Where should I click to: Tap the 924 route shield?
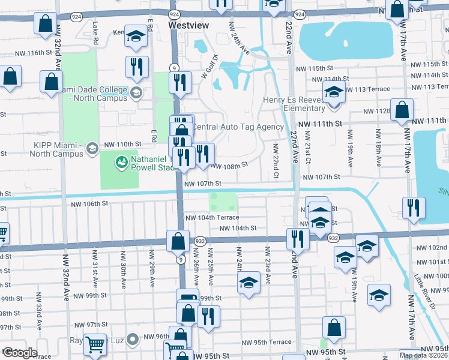174,13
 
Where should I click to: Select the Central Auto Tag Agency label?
237,127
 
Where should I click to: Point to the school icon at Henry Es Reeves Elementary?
334,94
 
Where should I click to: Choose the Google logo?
20,352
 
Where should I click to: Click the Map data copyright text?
424,355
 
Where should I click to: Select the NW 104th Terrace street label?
212,217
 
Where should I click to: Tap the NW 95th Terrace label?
267,342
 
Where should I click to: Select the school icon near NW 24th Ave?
248,284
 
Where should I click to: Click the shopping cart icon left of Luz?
95,344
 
